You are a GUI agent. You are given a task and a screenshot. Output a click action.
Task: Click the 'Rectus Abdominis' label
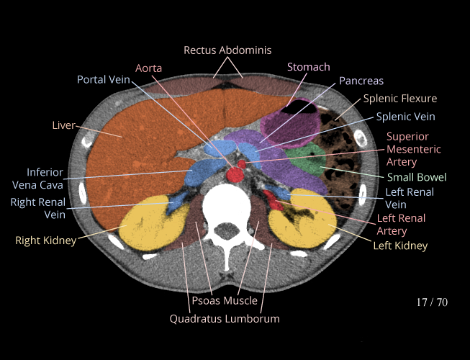coord(227,50)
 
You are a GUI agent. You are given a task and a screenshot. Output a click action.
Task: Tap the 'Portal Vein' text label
coord(104,79)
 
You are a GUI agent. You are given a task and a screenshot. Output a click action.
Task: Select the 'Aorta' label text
coord(148,68)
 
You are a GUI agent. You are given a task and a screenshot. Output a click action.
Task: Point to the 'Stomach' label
coord(308,67)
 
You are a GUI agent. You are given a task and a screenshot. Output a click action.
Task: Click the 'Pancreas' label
coord(361,81)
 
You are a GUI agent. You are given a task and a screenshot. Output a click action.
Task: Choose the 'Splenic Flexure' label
coord(399,99)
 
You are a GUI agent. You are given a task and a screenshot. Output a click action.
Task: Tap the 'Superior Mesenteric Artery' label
coord(407,149)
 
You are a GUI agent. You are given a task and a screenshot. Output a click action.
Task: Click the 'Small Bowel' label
coord(417,177)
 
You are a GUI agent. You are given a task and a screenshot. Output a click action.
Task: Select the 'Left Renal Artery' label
coord(401,225)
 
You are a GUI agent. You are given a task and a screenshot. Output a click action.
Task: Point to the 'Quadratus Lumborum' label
coord(225,318)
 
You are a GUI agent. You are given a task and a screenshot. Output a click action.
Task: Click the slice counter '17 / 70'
coord(432,302)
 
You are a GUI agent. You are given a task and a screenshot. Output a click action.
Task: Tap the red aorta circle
coord(234,175)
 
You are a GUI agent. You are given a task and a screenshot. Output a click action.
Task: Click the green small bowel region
coord(305,161)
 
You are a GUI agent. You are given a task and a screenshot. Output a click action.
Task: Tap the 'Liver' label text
coord(63,125)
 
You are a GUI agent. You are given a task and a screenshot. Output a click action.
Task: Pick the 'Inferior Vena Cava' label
coord(45,179)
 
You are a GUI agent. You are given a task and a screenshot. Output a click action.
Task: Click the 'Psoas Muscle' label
coord(225,300)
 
